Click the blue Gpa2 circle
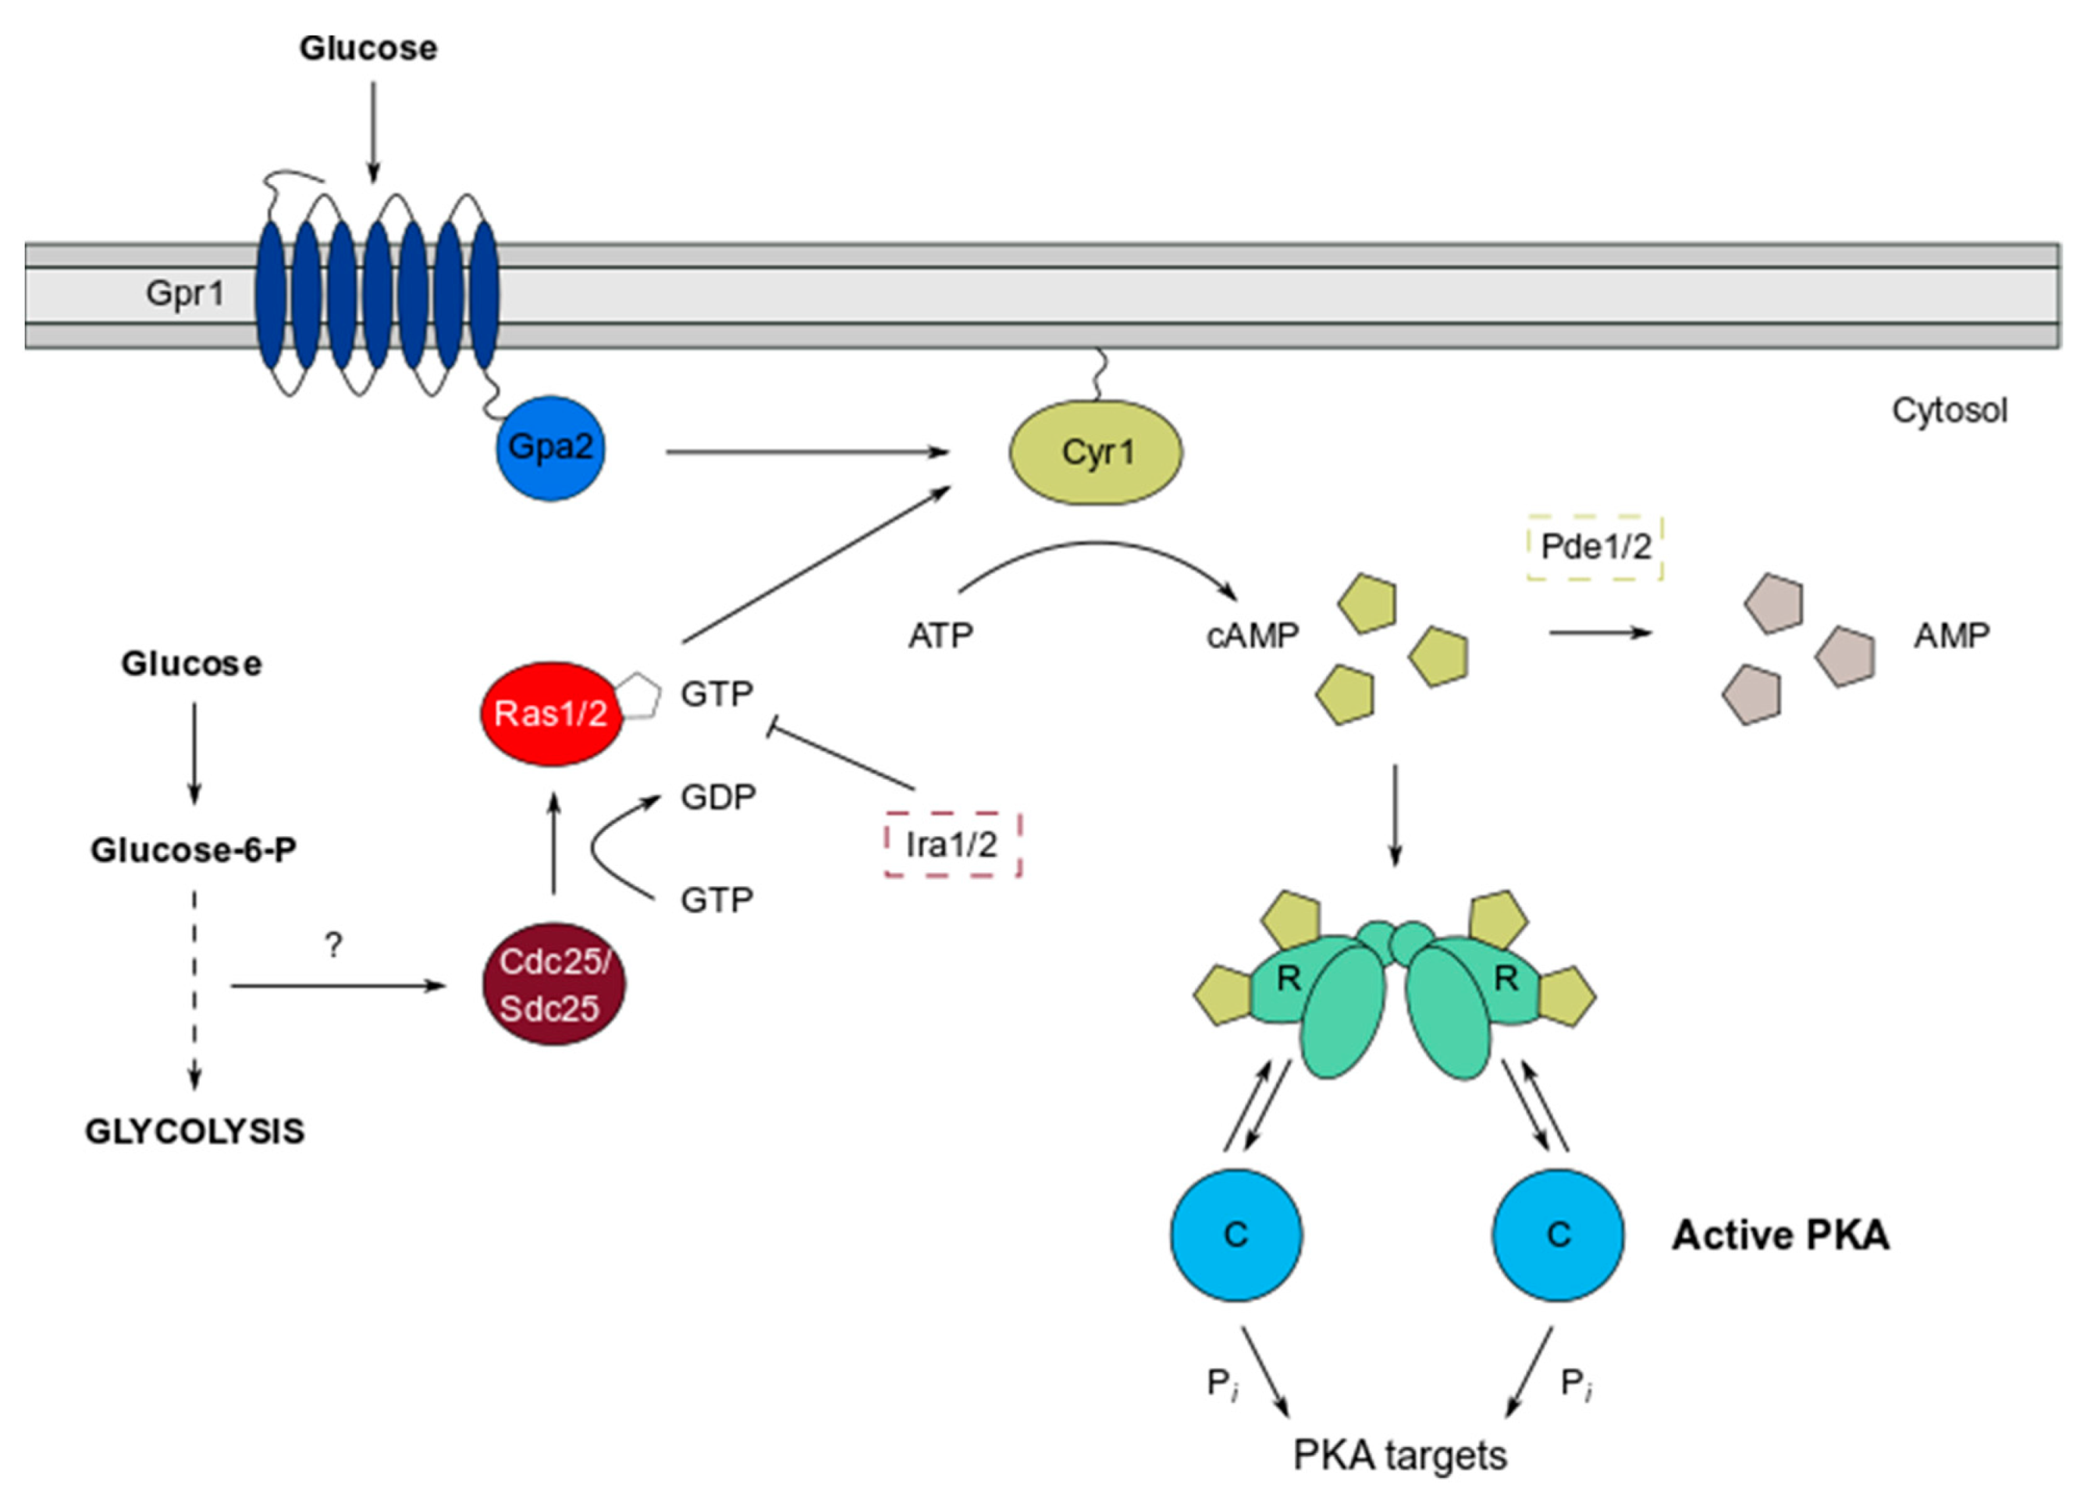click(550, 448)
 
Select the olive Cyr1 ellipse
click(1096, 452)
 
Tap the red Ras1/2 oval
click(551, 713)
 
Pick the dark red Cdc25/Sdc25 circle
click(554, 984)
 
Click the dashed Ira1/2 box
click(952, 843)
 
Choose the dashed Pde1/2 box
click(1595, 548)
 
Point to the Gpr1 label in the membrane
click(185, 293)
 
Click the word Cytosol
click(1949, 410)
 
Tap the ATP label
click(940, 636)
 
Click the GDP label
click(718, 796)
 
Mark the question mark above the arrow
click(333, 944)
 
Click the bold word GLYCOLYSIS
click(195, 1130)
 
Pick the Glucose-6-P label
click(194, 850)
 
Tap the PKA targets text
click(1399, 1455)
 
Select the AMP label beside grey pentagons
click(1952, 636)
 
